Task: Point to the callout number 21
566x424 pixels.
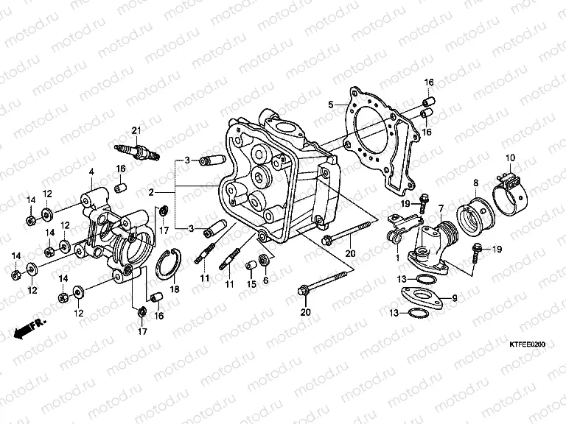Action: coord(136,131)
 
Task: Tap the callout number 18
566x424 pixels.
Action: coord(175,290)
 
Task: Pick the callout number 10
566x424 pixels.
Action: coord(510,158)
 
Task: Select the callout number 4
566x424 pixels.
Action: coord(91,172)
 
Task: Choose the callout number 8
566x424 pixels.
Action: coord(476,182)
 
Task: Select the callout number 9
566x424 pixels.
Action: coord(455,297)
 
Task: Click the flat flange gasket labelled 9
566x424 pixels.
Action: coord(420,300)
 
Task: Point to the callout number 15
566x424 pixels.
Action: coord(251,283)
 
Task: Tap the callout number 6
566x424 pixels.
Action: coord(266,280)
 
